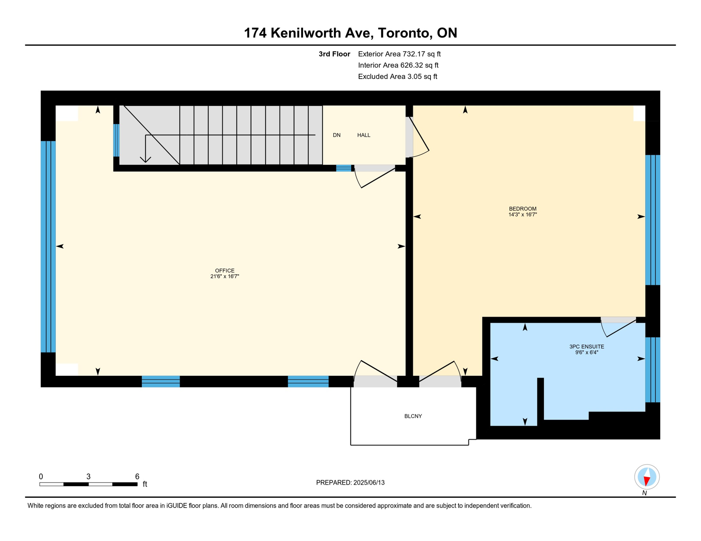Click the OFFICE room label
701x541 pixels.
pyautogui.click(x=225, y=270)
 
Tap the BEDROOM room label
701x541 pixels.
pyautogui.click(x=522, y=209)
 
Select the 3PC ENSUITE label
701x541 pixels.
pyautogui.click(x=586, y=347)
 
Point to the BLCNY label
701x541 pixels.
pyautogui.click(x=413, y=416)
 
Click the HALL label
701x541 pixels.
pyautogui.click(x=364, y=135)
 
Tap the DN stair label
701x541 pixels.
pyautogui.click(x=337, y=135)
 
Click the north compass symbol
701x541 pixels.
pyautogui.click(x=647, y=477)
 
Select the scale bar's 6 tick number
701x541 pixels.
pyautogui.click(x=137, y=476)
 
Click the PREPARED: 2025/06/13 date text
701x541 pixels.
pyautogui.click(x=350, y=483)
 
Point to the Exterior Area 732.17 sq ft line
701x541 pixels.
pyautogui.click(x=399, y=54)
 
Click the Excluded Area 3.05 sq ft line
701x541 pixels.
pyautogui.click(x=398, y=77)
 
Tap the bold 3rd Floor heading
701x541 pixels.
pyautogui.click(x=334, y=54)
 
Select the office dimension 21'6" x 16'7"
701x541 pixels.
pyautogui.click(x=225, y=276)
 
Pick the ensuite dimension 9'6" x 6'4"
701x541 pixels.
pyautogui.click(x=586, y=352)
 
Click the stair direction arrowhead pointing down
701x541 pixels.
pyautogui.click(x=146, y=159)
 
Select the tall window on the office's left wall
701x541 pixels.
pyautogui.click(x=48, y=247)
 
